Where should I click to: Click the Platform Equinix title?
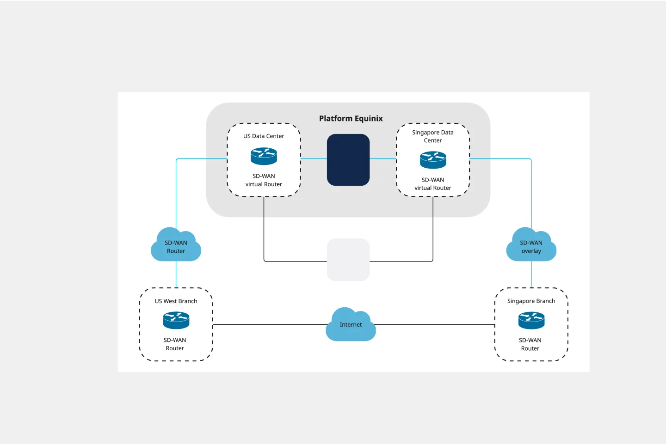[351, 119]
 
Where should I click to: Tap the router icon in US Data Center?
[264, 156]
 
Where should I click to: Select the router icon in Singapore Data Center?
[433, 160]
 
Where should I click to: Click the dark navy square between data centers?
[348, 160]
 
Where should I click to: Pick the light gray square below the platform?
[348, 260]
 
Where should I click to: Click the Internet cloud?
[351, 325]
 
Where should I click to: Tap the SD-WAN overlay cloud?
[531, 246]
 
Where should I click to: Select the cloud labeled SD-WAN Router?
[176, 246]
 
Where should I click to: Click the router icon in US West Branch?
[176, 320]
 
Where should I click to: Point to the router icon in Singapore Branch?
[531, 320]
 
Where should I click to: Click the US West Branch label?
[176, 301]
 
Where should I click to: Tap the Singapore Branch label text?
[531, 301]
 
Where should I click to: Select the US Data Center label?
[264, 136]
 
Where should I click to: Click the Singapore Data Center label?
[433, 136]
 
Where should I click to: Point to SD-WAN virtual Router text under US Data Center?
[264, 180]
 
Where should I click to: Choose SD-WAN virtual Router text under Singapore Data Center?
[433, 184]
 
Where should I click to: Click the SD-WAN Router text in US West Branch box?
[175, 344]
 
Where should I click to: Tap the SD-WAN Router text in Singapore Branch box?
[530, 344]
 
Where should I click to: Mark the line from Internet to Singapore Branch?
[435, 325]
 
